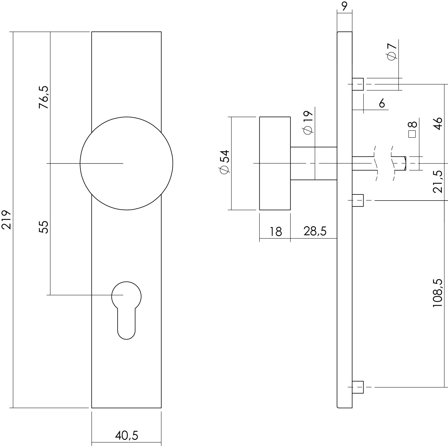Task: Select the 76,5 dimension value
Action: pyautogui.click(x=44, y=98)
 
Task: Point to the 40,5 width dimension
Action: pyautogui.click(x=126, y=436)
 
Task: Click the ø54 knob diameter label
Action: pyautogui.click(x=225, y=162)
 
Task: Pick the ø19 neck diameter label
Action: pyautogui.click(x=308, y=123)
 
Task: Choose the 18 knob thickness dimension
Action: pyautogui.click(x=275, y=232)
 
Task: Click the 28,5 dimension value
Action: pyautogui.click(x=315, y=231)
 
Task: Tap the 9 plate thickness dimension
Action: pyautogui.click(x=344, y=6)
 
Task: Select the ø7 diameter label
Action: pyautogui.click(x=392, y=52)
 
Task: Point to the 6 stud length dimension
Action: pyautogui.click(x=382, y=103)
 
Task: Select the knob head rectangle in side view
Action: pyautogui.click(x=275, y=163)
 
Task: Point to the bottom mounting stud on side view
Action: pyautogui.click(x=358, y=387)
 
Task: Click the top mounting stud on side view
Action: pyautogui.click(x=358, y=84)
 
